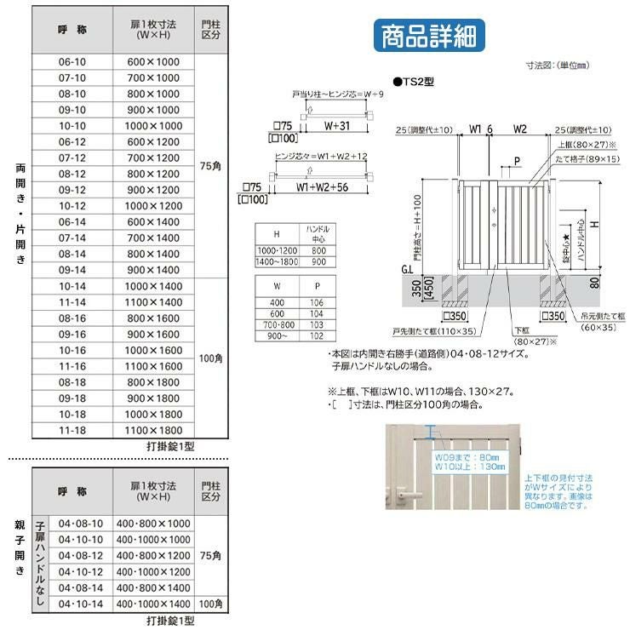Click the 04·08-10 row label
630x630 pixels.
[81, 524]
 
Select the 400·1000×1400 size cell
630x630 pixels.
[153, 604]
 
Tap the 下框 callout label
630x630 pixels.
[521, 330]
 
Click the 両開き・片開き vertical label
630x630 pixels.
[20, 213]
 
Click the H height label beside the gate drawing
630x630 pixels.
[597, 224]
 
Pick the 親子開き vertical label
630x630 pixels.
[20, 547]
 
